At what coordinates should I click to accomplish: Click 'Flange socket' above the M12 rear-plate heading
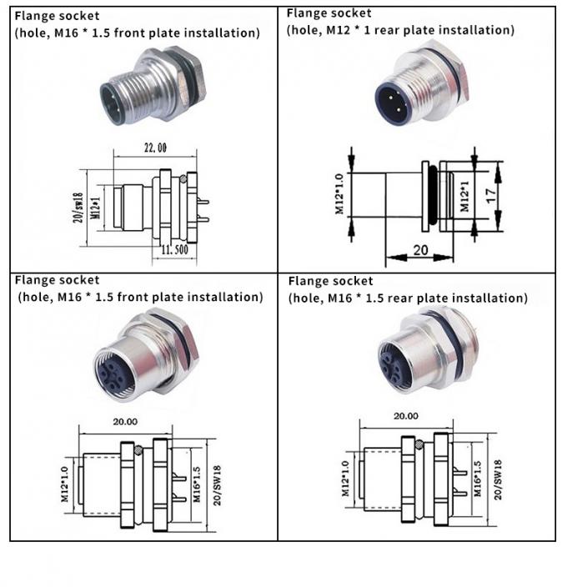pyautogui.click(x=329, y=13)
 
